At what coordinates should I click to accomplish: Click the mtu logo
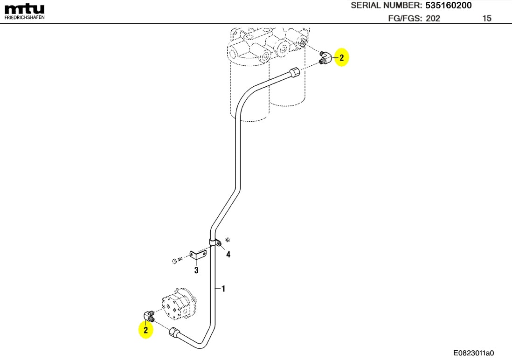point(25,8)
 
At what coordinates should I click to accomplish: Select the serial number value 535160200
point(448,6)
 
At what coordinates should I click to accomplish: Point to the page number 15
point(486,19)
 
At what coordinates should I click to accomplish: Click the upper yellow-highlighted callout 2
point(342,58)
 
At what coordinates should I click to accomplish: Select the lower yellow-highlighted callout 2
point(145,330)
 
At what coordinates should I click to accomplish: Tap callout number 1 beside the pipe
point(223,289)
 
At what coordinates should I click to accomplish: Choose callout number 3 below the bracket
point(196,270)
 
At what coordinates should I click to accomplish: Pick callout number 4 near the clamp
point(228,254)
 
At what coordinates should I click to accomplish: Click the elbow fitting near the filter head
point(325,58)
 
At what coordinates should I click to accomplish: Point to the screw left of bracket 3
point(174,260)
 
